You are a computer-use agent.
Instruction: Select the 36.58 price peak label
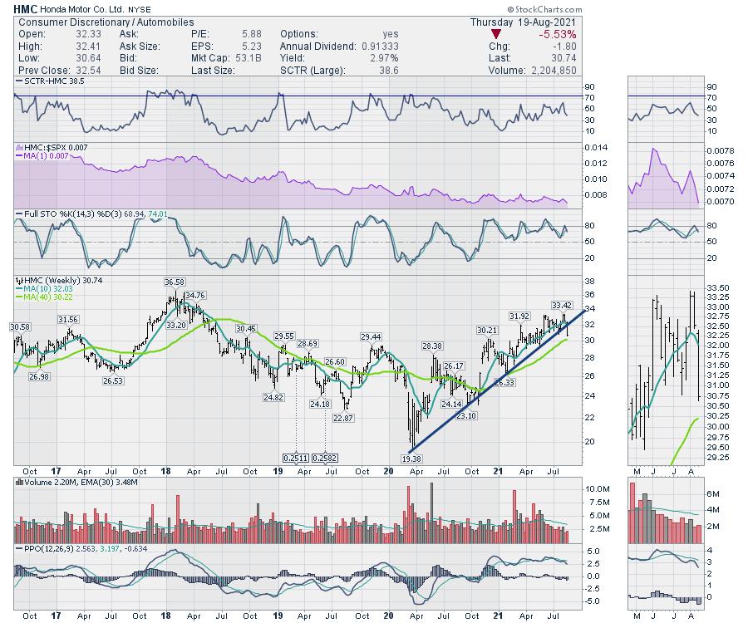coord(174,282)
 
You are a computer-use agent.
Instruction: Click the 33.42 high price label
coord(562,305)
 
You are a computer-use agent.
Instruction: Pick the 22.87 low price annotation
coord(343,418)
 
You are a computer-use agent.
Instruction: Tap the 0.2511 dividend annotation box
coord(295,458)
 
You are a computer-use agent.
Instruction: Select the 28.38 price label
coord(431,346)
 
